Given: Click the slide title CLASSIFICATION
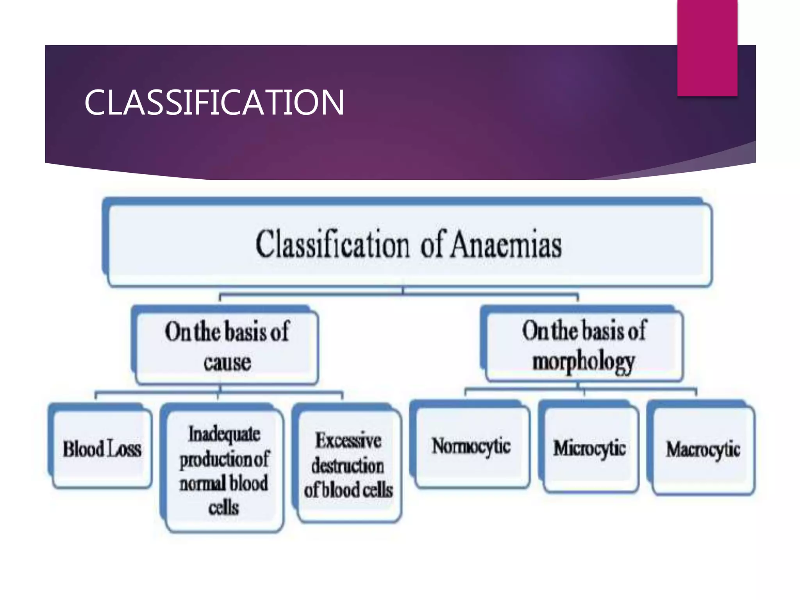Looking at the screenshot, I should click(x=214, y=102).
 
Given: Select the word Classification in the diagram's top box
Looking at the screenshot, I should click(x=332, y=245).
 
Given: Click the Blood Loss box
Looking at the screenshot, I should click(x=102, y=448).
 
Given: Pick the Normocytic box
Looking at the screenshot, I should click(x=471, y=446).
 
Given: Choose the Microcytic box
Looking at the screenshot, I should click(x=589, y=448).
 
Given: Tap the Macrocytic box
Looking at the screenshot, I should click(x=703, y=450).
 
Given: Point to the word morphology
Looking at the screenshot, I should click(x=584, y=362).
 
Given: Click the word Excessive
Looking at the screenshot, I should click(x=348, y=441).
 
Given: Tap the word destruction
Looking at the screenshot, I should click(x=348, y=466).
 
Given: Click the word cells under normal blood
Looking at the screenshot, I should click(x=223, y=507).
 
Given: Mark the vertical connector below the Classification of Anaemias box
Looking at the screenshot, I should click(x=403, y=290).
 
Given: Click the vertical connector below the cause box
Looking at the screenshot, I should click(x=220, y=388).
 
